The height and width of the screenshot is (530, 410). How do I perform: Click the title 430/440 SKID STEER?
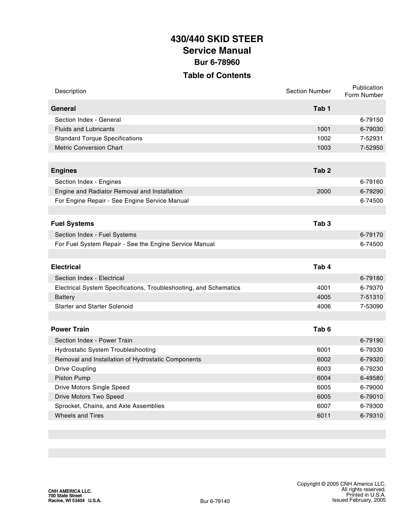tap(217, 39)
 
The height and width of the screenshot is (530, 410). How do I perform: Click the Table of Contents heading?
tap(217, 75)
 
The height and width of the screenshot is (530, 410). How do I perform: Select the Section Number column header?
tap(308, 91)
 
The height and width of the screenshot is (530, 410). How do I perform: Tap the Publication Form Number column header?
tap(364, 91)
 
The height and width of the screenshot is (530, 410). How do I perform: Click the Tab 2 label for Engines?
tap(322, 171)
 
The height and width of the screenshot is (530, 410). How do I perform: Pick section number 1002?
tap(323, 138)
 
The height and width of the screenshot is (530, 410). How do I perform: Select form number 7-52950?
tap(371, 148)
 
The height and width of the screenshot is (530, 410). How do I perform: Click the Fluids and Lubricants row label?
tap(85, 129)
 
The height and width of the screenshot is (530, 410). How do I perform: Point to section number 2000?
tap(323, 191)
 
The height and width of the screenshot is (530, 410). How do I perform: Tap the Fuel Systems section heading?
tap(72, 224)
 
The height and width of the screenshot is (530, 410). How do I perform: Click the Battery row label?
tap(65, 297)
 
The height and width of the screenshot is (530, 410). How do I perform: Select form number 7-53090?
tap(371, 306)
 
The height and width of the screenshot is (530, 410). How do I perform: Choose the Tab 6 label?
tap(322, 329)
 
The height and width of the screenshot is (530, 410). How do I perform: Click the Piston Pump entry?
tap(72, 378)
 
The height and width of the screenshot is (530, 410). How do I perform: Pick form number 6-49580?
tap(371, 378)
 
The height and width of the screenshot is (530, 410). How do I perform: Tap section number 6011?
tap(323, 416)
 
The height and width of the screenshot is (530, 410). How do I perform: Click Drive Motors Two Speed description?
tap(89, 397)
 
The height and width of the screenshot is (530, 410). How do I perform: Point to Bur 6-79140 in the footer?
tap(215, 501)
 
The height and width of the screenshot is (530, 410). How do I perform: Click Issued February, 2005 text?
tap(359, 500)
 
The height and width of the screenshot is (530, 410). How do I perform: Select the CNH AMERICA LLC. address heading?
tap(70, 491)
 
